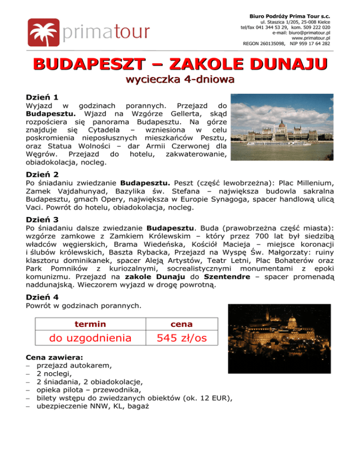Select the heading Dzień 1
tap(42, 98)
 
